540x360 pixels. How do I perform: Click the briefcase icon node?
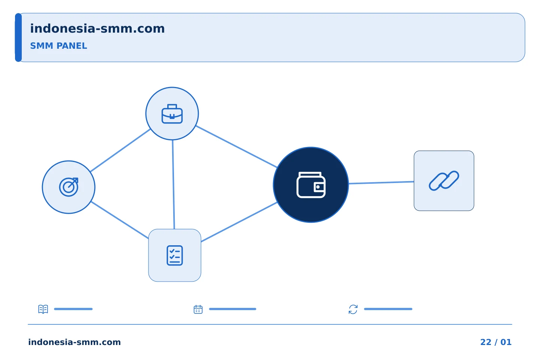tap(172, 114)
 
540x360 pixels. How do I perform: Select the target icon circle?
tap(69, 187)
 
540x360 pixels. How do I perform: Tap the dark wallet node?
tap(311, 185)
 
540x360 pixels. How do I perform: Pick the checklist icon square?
tap(175, 255)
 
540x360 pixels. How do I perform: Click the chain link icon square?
tap(444, 181)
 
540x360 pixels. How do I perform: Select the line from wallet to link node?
tap(381, 183)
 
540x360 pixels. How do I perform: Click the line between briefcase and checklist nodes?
tap(173, 184)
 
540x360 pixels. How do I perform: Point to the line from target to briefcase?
tap(120, 150)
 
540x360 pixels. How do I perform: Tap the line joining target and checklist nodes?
tap(120, 220)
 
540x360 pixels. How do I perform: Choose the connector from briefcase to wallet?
tap(237, 147)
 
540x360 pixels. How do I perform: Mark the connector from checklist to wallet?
tap(239, 222)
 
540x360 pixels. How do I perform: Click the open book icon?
tap(43, 309)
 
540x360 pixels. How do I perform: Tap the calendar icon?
tap(198, 309)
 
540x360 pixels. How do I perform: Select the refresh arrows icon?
tap(353, 309)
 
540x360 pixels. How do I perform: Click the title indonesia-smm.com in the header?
tap(97, 29)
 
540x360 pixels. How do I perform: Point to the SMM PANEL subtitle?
tap(58, 46)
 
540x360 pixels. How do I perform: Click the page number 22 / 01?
tap(496, 342)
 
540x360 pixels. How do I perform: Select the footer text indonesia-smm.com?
tap(75, 342)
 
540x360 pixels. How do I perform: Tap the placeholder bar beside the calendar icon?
tap(232, 309)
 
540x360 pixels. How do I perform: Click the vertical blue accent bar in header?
tap(18, 37)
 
